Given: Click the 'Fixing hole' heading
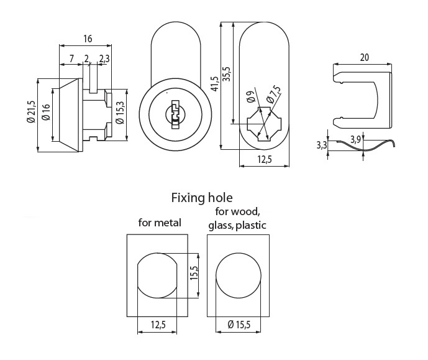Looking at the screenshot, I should (x=202, y=198).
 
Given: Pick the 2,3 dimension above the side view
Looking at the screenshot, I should (x=104, y=58).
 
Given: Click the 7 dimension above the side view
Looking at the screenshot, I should (x=72, y=58).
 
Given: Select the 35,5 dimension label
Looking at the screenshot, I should (x=227, y=73).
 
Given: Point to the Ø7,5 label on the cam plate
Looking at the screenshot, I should (x=271, y=94).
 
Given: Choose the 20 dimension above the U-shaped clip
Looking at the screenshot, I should (x=364, y=57).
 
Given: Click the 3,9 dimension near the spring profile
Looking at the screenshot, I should (x=355, y=139).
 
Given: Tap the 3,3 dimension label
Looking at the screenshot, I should (x=321, y=145).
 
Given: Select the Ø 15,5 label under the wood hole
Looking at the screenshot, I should (x=239, y=325).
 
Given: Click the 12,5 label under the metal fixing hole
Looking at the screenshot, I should (x=159, y=325).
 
